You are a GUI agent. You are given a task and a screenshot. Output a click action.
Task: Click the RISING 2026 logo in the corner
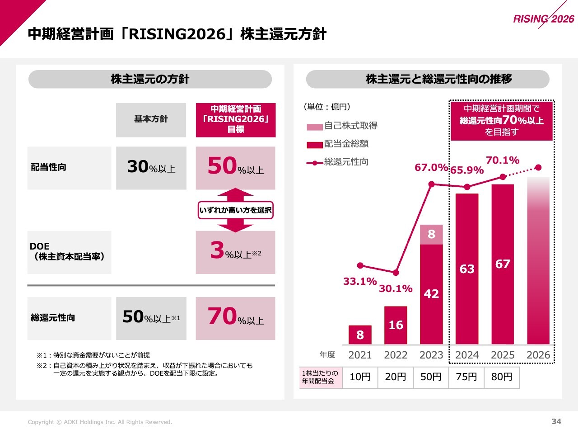tap(543, 19)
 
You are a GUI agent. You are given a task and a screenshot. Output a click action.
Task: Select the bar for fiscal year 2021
tap(360, 335)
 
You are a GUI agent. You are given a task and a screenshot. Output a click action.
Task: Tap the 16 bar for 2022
tap(396, 325)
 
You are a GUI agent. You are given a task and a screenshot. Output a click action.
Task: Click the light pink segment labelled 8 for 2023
tap(431, 234)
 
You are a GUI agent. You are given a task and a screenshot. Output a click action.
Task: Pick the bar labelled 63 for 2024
tap(467, 269)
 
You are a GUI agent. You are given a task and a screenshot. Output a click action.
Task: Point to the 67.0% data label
tap(431, 168)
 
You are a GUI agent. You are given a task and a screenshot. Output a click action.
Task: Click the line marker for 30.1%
tap(396, 273)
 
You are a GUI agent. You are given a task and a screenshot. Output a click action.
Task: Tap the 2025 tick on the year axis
tap(503, 355)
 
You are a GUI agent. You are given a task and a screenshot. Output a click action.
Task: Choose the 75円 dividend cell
tap(466, 377)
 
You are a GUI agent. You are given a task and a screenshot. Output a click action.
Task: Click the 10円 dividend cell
tap(360, 377)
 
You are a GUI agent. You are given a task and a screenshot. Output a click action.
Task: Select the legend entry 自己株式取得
tap(350, 126)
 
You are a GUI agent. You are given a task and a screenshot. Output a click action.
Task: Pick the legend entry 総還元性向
tap(346, 162)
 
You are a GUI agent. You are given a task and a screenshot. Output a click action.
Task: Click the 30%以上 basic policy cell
tap(151, 168)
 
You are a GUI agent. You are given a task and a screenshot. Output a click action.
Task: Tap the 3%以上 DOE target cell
tap(235, 252)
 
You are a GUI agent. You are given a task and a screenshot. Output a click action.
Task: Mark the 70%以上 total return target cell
tap(235, 318)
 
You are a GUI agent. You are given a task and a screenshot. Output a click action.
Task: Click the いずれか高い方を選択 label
tap(235, 210)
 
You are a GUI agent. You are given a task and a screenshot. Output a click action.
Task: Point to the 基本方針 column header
tap(151, 119)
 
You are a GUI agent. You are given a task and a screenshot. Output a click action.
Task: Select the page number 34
tap(556, 421)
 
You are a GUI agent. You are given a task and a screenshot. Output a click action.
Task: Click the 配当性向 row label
tap(49, 167)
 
